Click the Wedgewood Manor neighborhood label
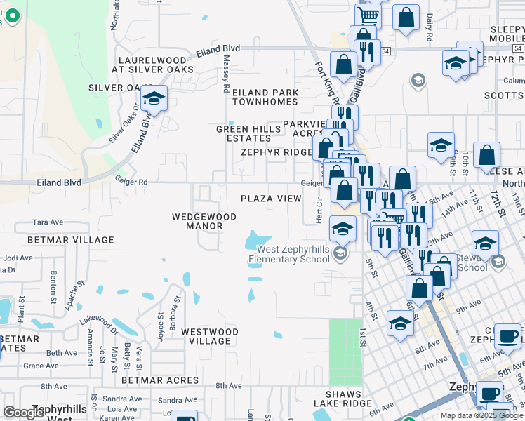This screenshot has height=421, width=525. pyautogui.click(x=197, y=221)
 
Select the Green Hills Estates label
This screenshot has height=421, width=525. pyautogui.click(x=253, y=133)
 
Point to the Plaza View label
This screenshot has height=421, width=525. pyautogui.click(x=271, y=199)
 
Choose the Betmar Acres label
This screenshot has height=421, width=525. pyautogui.click(x=160, y=380)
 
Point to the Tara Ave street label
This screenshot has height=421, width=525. pyautogui.click(x=48, y=222)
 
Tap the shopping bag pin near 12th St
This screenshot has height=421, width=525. pyautogui.click(x=486, y=156)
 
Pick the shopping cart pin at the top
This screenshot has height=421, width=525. pyautogui.click(x=368, y=15)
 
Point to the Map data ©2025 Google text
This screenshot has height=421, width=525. pyautogui.click(x=481, y=415)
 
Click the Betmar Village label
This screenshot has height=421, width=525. pyautogui.click(x=61, y=240)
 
